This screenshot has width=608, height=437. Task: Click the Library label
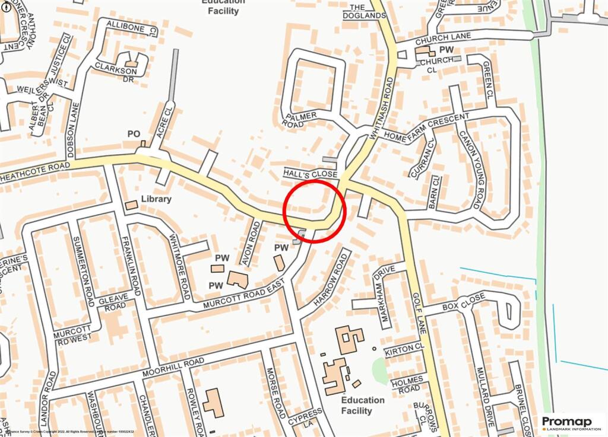156,199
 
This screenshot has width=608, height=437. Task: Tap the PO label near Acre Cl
134,135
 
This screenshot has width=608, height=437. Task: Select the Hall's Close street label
310,174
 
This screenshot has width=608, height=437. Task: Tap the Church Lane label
443,39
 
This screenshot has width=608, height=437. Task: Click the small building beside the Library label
131,205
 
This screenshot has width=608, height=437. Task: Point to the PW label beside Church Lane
446,49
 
